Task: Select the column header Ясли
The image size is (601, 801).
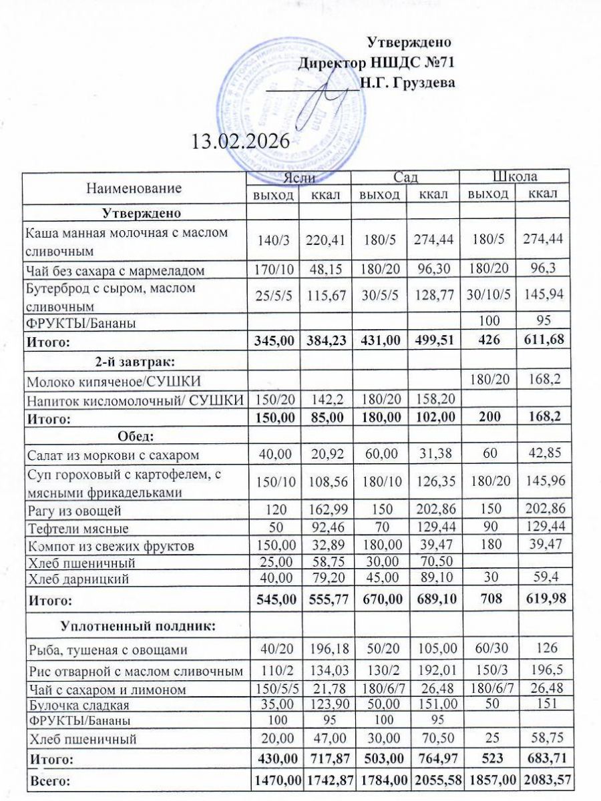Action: (298, 177)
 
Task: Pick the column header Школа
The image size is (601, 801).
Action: (515, 177)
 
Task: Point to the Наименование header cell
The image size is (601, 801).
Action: (134, 188)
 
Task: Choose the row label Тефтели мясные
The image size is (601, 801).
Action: (77, 529)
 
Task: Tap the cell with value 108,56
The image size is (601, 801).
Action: (327, 487)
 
